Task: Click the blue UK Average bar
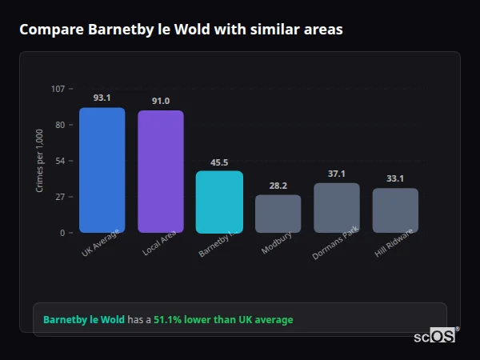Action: pyautogui.click(x=102, y=170)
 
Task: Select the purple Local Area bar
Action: pyautogui.click(x=161, y=171)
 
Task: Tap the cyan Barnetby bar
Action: pyautogui.click(x=219, y=202)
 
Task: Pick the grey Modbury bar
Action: pyautogui.click(x=278, y=214)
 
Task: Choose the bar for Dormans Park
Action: pyautogui.click(x=337, y=208)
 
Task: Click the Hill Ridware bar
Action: pyautogui.click(x=395, y=210)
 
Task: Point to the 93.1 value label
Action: pyautogui.click(x=102, y=98)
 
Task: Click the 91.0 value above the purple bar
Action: pyautogui.click(x=161, y=101)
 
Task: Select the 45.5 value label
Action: pyautogui.click(x=219, y=162)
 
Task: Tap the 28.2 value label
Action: pyautogui.click(x=278, y=186)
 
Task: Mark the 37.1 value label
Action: pyautogui.click(x=337, y=174)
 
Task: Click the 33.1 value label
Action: pyautogui.click(x=395, y=178)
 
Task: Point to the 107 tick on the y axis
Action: pyautogui.click(x=58, y=89)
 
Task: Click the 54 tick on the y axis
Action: pyautogui.click(x=60, y=161)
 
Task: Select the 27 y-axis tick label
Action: pyautogui.click(x=60, y=197)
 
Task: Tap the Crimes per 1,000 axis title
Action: pyautogui.click(x=40, y=160)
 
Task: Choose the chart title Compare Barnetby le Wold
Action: pyautogui.click(x=181, y=30)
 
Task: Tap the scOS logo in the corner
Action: pyautogui.click(x=435, y=336)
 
